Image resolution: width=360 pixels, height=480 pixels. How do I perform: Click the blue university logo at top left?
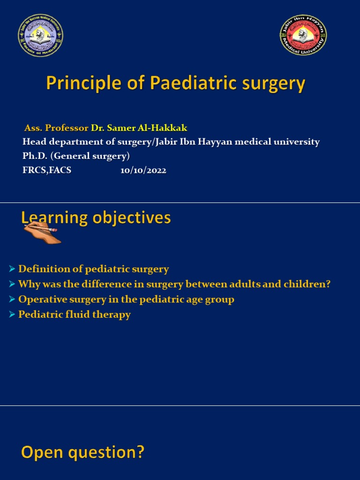coord(40,36)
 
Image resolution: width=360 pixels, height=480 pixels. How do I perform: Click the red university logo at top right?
coord(303,36)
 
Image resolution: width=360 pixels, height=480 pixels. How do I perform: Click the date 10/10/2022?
coord(143,171)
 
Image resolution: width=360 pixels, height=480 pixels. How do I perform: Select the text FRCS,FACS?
coord(47,171)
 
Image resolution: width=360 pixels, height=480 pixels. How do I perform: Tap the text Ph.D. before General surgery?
coord(36,156)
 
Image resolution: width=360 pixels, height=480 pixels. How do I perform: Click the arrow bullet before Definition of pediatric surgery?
coord(12,269)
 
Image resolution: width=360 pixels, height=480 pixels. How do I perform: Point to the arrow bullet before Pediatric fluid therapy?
coord(12,315)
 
